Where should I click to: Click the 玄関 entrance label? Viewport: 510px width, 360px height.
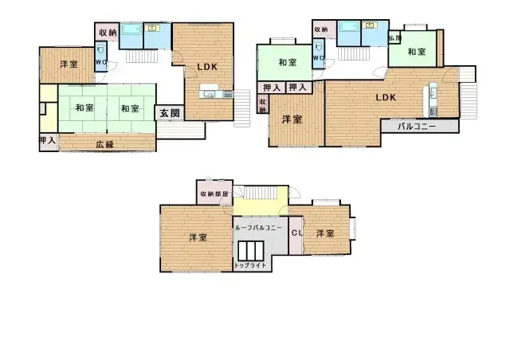point(169,113)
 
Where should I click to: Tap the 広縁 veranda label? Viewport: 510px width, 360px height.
point(104,144)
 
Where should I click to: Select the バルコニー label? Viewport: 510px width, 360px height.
point(416,127)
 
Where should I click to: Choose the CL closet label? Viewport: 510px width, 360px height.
point(296,233)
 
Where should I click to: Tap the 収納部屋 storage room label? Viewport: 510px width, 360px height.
point(214,194)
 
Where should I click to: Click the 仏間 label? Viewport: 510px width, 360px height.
point(394,38)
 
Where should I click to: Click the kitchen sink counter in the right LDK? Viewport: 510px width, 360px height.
point(433,98)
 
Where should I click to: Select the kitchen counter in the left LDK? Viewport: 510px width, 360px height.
point(213,96)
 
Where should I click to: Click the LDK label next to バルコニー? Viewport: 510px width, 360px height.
point(386,98)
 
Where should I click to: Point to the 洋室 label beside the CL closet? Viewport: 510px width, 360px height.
point(324,233)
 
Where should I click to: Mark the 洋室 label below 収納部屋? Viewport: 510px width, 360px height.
point(198,237)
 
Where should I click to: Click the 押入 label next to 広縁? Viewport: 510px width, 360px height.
point(47,141)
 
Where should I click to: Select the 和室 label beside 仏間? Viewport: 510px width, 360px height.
point(415,52)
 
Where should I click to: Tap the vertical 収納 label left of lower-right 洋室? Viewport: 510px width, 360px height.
point(262,104)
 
